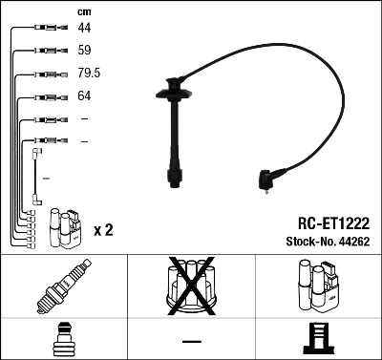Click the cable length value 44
click(x=85, y=29)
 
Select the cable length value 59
click(x=85, y=50)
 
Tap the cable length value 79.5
click(x=90, y=74)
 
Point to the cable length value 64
click(x=85, y=96)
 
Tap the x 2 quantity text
click(x=104, y=230)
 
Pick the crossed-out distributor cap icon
click(x=191, y=286)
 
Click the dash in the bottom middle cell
click(x=191, y=341)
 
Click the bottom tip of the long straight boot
click(x=175, y=180)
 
